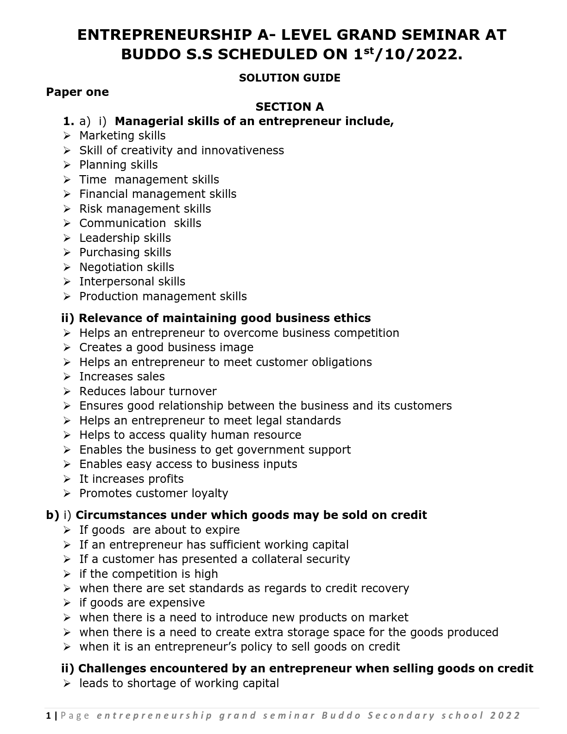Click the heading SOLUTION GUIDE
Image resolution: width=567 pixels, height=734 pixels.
(x=290, y=78)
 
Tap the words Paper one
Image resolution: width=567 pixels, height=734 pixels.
(x=77, y=92)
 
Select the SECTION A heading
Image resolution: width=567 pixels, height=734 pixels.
(x=290, y=107)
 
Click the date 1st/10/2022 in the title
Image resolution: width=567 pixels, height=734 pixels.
(x=408, y=55)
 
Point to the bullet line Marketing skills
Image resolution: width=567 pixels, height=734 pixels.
(x=122, y=136)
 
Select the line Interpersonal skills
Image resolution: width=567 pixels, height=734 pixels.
(x=132, y=282)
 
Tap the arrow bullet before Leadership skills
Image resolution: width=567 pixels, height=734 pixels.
(x=67, y=238)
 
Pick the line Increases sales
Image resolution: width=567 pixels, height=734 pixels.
(x=122, y=377)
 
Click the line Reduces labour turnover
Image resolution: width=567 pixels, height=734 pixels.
(x=148, y=392)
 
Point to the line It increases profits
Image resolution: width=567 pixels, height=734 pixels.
(x=131, y=479)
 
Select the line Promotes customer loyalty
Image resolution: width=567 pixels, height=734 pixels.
(x=153, y=494)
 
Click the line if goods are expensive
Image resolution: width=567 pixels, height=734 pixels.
(x=142, y=603)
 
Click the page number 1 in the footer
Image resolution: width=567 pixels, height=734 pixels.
(x=49, y=716)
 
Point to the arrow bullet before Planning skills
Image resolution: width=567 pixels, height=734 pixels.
(x=67, y=165)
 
